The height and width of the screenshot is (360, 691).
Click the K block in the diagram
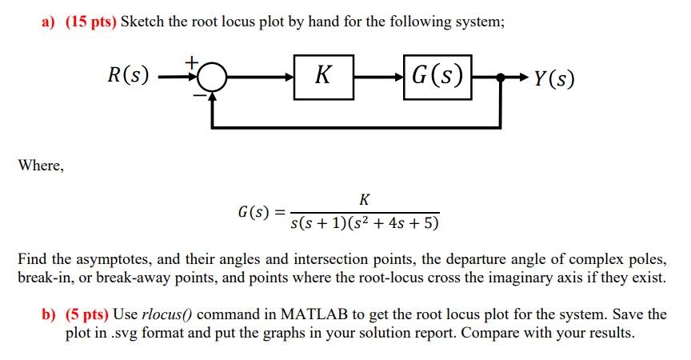pyautogui.click(x=323, y=76)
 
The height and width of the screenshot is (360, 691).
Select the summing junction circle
pyautogui.click(x=212, y=78)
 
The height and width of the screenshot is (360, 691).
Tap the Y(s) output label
pyautogui.click(x=553, y=78)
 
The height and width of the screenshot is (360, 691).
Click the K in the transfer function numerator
pyautogui.click(x=365, y=198)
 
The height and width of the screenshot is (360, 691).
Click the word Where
pyautogui.click(x=40, y=165)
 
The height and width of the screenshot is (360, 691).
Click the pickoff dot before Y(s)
pyautogui.click(x=501, y=78)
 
